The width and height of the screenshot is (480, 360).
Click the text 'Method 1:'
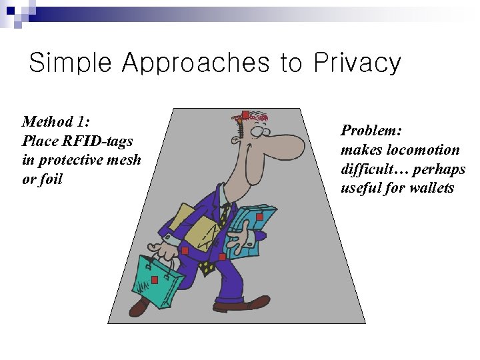tap(56, 122)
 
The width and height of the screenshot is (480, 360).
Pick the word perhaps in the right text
tap(441, 169)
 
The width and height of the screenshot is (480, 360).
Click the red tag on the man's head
tap(245, 115)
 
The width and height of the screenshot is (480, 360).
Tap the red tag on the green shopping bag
tap(154, 279)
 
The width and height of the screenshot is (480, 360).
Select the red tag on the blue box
tap(259, 217)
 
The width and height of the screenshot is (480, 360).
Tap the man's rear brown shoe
tap(139, 307)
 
